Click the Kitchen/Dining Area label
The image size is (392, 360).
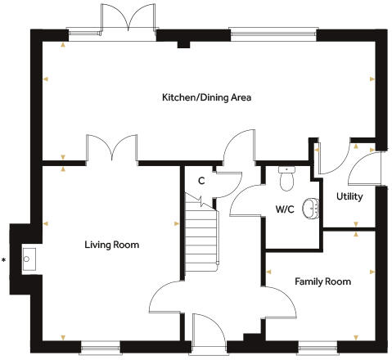click(205, 97)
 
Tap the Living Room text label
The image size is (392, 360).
click(111, 245)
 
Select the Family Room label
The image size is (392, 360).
click(322, 281)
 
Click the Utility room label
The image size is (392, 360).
click(349, 197)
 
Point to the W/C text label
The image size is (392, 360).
click(284, 209)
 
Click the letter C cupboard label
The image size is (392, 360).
click(201, 181)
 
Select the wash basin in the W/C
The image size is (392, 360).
click(310, 209)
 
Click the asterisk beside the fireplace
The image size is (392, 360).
click(5, 261)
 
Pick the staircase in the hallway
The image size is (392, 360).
click(201, 237)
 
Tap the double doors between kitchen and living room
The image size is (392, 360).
click(110, 151)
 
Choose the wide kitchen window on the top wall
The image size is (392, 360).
click(272, 34)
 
